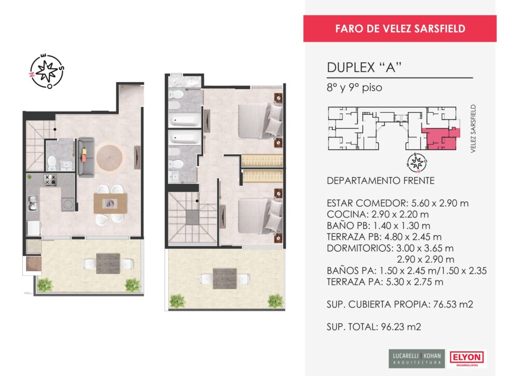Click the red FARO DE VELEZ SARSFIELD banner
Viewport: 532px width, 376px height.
click(x=400, y=29)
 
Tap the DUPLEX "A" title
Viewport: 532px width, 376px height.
click(x=364, y=68)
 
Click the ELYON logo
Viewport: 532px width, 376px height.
click(x=467, y=358)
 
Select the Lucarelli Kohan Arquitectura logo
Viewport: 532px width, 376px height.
click(x=417, y=359)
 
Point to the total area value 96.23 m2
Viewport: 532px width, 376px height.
click(x=401, y=327)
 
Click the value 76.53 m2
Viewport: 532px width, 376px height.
click(x=453, y=304)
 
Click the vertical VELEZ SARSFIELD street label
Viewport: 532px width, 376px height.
click(x=473, y=128)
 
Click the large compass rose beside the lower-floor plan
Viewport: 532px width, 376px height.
click(x=47, y=71)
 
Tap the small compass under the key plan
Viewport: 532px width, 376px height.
click(x=417, y=163)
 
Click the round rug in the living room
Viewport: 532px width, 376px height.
click(x=109, y=157)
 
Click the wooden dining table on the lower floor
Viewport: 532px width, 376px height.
click(x=110, y=204)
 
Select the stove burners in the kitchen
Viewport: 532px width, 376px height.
click(x=50, y=180)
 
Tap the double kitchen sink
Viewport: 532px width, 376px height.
click(x=33, y=203)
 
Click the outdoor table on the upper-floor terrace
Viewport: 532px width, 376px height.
click(x=224, y=278)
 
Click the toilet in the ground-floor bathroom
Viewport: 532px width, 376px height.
click(x=51, y=163)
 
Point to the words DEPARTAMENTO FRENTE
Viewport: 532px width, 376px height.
click(x=380, y=181)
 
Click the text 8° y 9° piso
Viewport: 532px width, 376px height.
click(x=354, y=88)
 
